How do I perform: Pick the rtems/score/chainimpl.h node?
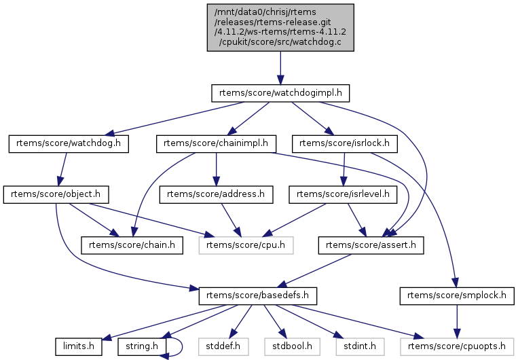pos(216,143)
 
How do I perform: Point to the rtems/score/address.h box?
pos(216,194)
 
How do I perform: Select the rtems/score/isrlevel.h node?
pos(344,194)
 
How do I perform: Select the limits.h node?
pos(79,347)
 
